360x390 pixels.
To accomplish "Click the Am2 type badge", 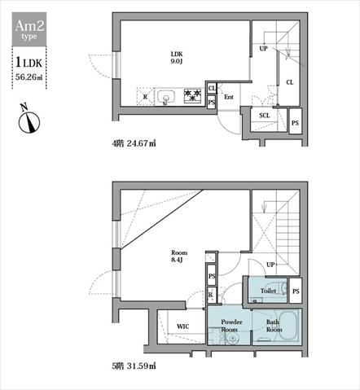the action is pos(29,29).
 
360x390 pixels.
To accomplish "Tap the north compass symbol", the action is pos(29,121).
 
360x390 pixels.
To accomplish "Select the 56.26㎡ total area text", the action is pos(29,77).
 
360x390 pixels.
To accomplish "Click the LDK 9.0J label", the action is pos(177,58).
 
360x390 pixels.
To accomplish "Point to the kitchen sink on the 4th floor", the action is pos(166,97).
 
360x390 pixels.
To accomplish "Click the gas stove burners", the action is pos(192,95).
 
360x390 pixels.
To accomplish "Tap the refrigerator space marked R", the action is pos(145,96).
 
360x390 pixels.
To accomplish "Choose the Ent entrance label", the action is pos(229,97).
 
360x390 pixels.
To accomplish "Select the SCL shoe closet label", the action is pos(265,116).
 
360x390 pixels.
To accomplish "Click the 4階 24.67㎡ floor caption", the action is pos(134,143).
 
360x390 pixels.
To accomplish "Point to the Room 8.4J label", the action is pos(179,256).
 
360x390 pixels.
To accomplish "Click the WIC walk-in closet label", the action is pos(182,326).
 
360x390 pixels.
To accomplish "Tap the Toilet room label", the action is pos(268,291).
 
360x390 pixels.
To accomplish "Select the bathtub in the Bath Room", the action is pos(288,326).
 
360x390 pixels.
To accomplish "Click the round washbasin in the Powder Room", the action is pos(233,339).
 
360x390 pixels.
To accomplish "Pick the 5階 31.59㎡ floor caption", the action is pos(134,366).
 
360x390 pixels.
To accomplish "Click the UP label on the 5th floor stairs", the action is pos(270,265).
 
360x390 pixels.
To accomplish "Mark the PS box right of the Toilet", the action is pos(296,291).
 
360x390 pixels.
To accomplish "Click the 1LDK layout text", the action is pos(29,63).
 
